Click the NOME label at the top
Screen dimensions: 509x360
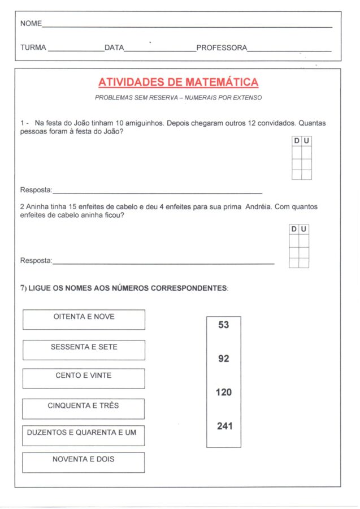(x=31, y=24)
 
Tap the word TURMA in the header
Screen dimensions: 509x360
(x=33, y=48)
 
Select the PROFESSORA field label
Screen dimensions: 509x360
(x=222, y=48)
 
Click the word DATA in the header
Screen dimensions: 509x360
(x=114, y=48)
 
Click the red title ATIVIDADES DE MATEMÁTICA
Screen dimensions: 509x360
(x=178, y=83)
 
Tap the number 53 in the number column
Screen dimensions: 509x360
(x=223, y=325)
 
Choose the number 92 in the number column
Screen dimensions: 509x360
(x=223, y=359)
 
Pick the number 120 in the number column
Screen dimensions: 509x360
(x=223, y=392)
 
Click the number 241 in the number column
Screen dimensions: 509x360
(x=224, y=426)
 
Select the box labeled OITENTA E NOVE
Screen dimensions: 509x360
(x=84, y=320)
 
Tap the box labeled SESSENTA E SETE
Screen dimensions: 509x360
(x=84, y=350)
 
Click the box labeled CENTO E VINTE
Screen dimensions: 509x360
(x=84, y=378)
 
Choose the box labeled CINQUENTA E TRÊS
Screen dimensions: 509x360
(x=84, y=408)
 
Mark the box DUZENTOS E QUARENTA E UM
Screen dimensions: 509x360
(x=84, y=435)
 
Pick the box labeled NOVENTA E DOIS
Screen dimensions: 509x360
(x=84, y=462)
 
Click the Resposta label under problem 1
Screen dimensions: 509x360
(x=36, y=189)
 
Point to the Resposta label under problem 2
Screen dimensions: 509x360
(x=36, y=261)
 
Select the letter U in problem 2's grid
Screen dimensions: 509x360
(x=304, y=229)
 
